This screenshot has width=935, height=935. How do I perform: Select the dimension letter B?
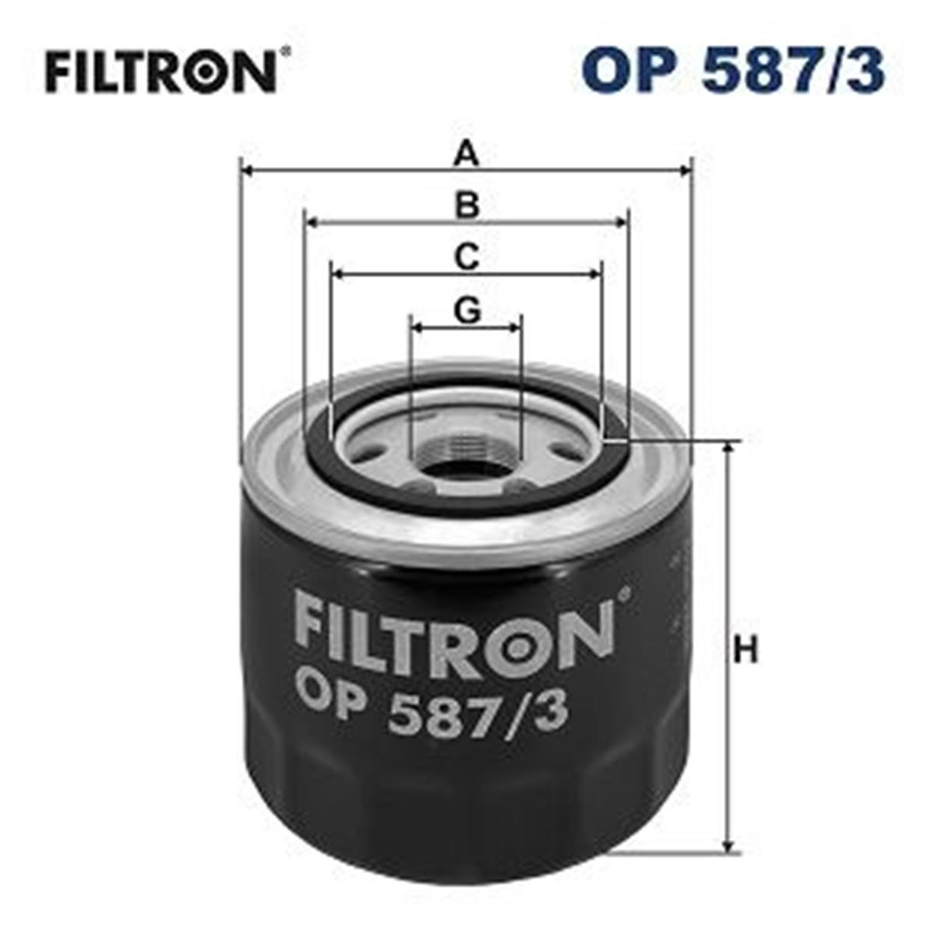point(467,206)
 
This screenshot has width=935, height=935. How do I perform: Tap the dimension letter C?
point(467,258)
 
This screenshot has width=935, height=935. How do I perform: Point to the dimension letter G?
point(467,311)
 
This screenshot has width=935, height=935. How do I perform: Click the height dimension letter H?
point(746,651)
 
